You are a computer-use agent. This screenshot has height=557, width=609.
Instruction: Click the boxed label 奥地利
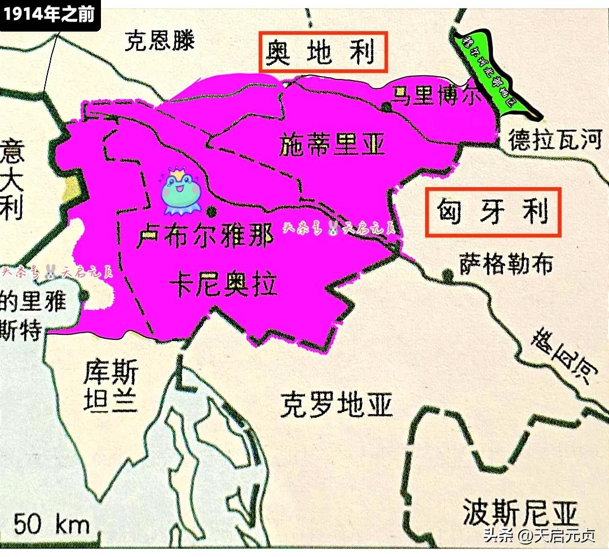pyautogui.click(x=323, y=52)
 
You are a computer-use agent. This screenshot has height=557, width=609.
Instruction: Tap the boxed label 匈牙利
pyautogui.click(x=493, y=212)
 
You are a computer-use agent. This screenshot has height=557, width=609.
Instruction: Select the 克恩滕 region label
pyautogui.click(x=160, y=41)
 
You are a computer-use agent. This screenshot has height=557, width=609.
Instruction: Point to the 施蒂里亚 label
pyautogui.click(x=332, y=145)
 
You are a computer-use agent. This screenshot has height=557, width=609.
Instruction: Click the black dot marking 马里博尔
pyautogui.click(x=386, y=107)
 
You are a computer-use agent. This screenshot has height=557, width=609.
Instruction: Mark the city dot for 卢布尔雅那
pyautogui.click(x=211, y=212)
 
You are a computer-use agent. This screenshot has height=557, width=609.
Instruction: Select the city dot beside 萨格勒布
pyautogui.click(x=448, y=275)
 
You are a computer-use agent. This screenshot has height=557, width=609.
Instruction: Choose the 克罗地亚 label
pyautogui.click(x=336, y=405)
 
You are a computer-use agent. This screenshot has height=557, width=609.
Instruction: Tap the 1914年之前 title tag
pyautogui.click(x=50, y=14)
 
